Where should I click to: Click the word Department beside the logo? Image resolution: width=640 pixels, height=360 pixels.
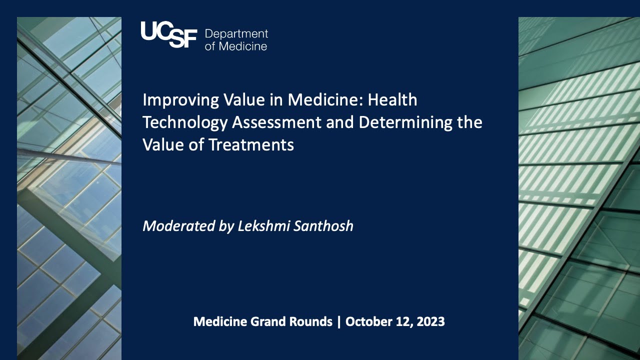236,34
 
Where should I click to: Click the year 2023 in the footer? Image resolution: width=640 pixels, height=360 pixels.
430,321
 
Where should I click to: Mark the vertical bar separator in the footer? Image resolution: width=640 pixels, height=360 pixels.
339,321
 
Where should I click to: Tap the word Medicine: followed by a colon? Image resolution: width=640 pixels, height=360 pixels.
325,100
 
